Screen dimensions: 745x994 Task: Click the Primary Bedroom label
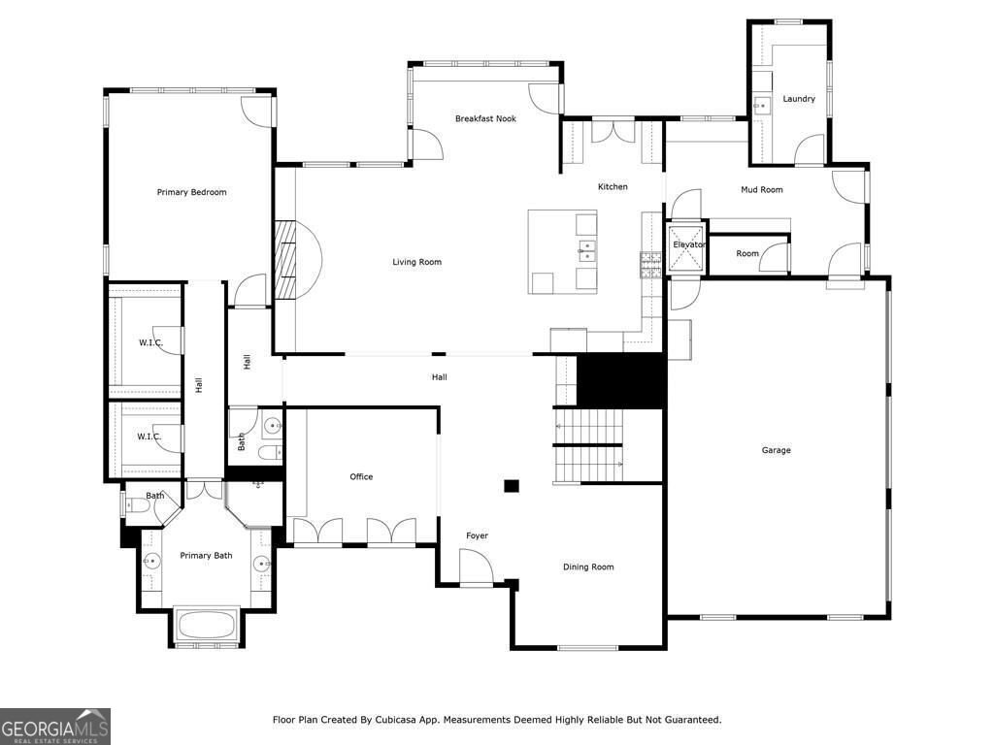(191, 192)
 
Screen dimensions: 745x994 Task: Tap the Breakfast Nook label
(485, 118)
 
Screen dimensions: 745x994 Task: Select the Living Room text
(416, 262)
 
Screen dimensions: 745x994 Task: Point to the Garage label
(776, 450)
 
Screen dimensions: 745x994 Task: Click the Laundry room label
(799, 99)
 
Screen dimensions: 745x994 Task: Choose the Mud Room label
(761, 190)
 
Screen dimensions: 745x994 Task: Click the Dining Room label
(588, 567)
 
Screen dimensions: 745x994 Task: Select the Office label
(361, 476)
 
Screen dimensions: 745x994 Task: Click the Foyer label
(477, 535)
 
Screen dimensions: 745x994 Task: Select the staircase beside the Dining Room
(587, 445)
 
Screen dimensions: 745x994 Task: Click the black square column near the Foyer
(511, 486)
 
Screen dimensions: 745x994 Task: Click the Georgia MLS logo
(55, 726)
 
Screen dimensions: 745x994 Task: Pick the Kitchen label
(613, 186)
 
